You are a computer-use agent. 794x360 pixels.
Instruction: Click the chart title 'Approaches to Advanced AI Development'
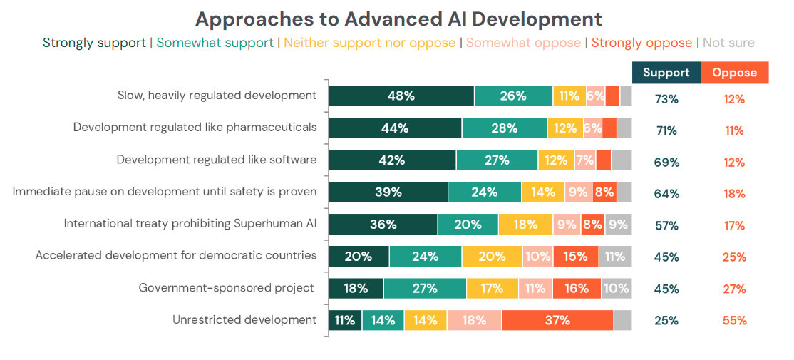click(x=398, y=19)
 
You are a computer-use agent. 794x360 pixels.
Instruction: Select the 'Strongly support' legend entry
click(x=94, y=43)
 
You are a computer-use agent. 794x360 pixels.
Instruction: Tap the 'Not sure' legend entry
click(x=728, y=43)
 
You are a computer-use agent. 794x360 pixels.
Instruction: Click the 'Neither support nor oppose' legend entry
click(x=369, y=43)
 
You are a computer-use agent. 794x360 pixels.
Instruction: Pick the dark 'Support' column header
click(x=666, y=72)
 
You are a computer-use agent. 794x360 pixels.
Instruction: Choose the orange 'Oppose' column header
click(x=734, y=72)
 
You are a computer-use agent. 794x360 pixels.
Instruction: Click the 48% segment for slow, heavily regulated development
click(x=401, y=96)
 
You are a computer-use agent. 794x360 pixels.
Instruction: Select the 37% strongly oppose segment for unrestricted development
click(x=557, y=320)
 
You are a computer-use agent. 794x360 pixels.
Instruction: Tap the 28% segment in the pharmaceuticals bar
click(x=504, y=128)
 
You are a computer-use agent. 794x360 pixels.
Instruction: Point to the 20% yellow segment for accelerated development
click(x=492, y=256)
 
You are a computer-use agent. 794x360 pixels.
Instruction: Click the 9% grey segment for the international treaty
click(x=618, y=224)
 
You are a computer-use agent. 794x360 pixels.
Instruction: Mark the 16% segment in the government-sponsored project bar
click(x=577, y=288)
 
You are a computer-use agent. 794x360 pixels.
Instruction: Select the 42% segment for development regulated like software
click(x=392, y=160)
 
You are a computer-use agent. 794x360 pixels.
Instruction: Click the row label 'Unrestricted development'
click(x=244, y=319)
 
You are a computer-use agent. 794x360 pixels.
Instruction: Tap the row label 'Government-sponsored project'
click(x=227, y=288)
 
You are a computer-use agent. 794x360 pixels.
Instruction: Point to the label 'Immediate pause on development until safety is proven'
click(x=165, y=192)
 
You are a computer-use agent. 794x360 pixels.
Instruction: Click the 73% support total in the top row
click(x=666, y=99)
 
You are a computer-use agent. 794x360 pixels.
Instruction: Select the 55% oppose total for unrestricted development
click(x=734, y=320)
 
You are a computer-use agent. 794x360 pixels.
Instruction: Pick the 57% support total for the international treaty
click(x=666, y=226)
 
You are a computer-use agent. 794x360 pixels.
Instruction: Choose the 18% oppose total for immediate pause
click(x=734, y=194)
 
